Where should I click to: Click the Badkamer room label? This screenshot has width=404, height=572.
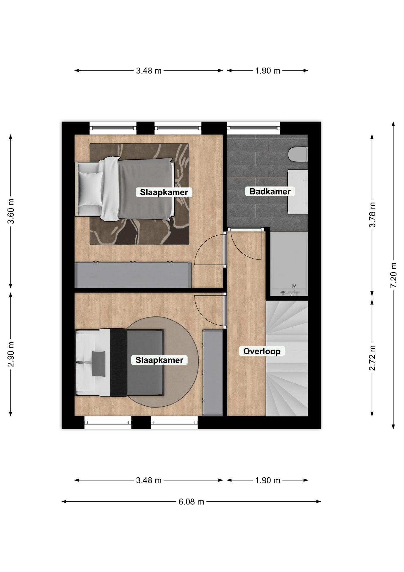[270, 191]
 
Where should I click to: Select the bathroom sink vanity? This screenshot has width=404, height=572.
[298, 192]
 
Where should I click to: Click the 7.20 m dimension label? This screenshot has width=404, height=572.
[393, 275]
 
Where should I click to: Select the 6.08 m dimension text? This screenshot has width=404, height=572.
[191, 502]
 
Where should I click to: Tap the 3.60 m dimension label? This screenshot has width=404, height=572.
[11, 211]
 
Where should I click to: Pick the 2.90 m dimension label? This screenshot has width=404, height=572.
[11, 354]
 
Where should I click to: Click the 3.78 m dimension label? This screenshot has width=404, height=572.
[372, 214]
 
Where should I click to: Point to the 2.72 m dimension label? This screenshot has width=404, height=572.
[372, 358]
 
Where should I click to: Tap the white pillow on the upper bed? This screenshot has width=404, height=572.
[90, 189]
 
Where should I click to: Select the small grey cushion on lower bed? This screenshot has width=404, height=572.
[98, 363]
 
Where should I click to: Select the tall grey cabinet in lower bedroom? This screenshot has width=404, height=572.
[213, 372]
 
